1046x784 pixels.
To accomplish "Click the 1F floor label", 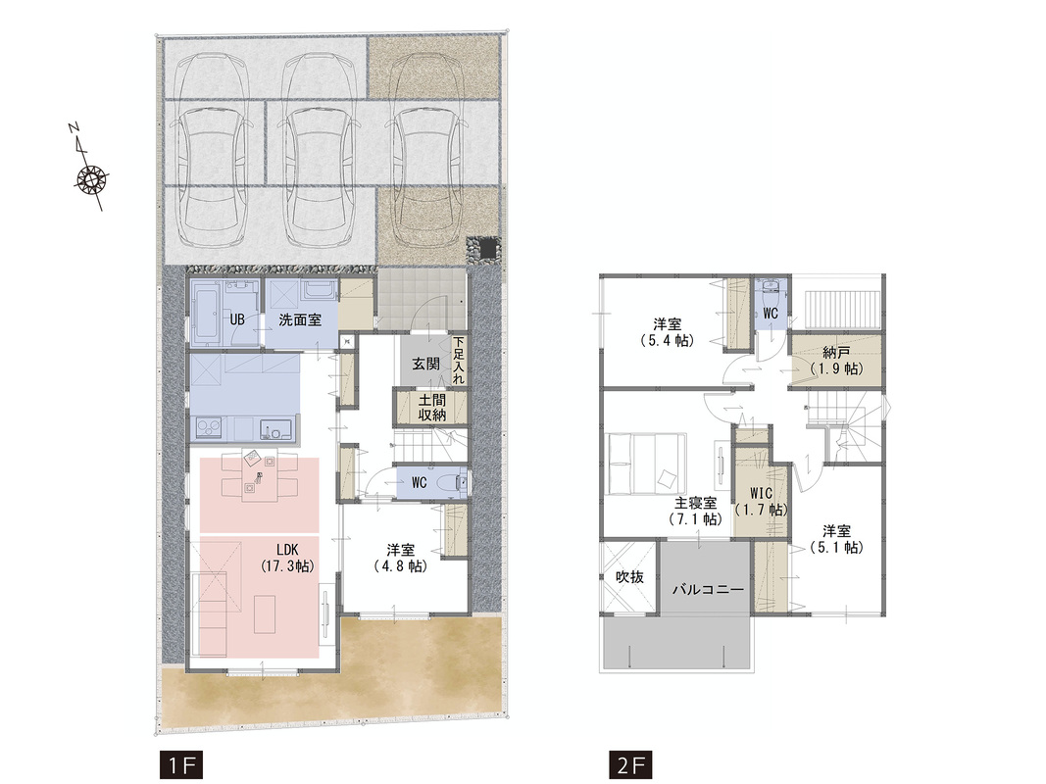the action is click(x=180, y=765).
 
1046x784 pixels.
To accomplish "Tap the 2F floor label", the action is click(x=630, y=765).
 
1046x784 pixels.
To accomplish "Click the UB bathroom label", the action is click(x=237, y=320).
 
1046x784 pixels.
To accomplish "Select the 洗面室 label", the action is click(x=300, y=320).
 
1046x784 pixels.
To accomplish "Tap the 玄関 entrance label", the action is click(x=425, y=364).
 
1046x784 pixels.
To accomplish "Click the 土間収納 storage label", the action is click(x=431, y=408).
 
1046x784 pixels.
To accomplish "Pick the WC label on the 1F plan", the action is click(x=419, y=482).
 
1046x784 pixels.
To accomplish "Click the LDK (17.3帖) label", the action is click(x=287, y=558).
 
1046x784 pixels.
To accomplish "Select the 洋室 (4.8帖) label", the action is click(x=400, y=558).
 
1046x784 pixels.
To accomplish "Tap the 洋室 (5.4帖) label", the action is click(x=667, y=332).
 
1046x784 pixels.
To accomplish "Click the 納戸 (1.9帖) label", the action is click(x=836, y=360).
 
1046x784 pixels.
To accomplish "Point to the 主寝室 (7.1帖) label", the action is click(x=696, y=511).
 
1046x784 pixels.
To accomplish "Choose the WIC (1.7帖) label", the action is click(x=761, y=502).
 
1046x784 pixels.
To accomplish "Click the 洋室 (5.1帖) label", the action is click(x=836, y=539).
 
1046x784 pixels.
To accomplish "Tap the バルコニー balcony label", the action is click(x=707, y=589).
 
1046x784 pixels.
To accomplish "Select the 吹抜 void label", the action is click(x=629, y=576).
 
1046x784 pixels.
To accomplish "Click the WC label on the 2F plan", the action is click(x=770, y=314).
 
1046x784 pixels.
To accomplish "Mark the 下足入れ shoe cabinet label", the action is click(x=458, y=360).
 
